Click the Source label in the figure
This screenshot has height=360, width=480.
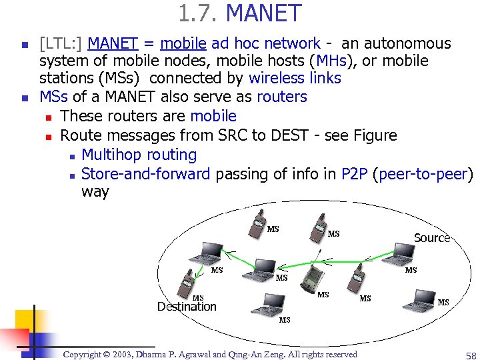coord(431,238)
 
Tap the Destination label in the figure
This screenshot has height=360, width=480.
coord(187,307)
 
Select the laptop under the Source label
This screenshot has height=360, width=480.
coord(403,253)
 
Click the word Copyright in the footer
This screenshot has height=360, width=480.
coord(85,355)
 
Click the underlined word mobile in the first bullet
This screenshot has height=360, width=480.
coord(183,44)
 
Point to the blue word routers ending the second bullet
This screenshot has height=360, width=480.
coord(281,97)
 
